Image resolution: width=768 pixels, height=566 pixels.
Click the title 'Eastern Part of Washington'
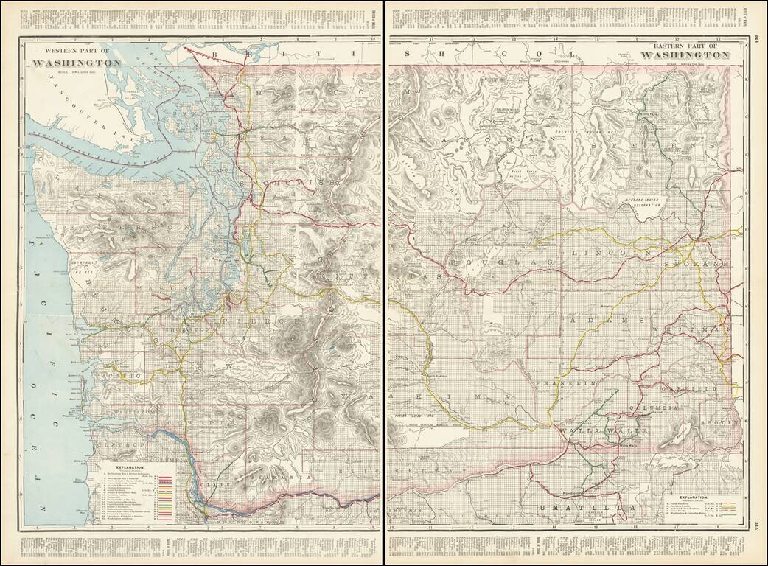[687, 50]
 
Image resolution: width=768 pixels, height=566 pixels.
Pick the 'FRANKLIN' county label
[565, 384]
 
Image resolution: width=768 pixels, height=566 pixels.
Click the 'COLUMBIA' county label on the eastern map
[653, 407]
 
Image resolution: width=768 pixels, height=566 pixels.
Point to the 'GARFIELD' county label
[688, 387]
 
